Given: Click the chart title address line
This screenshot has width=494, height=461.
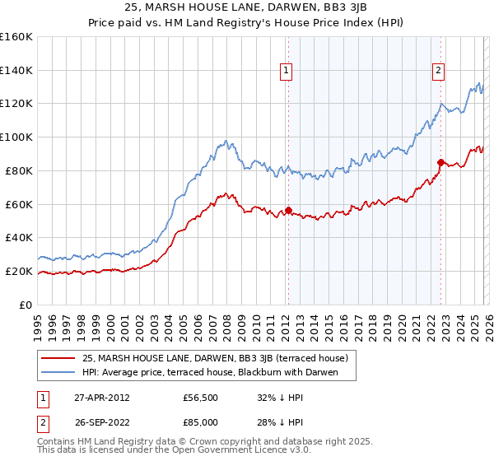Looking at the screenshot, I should (x=246, y=8).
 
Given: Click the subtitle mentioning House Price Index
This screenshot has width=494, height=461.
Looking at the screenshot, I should (x=246, y=22).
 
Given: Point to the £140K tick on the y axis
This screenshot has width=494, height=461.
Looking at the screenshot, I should (x=16, y=70).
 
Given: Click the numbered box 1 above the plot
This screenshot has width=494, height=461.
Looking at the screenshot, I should (x=286, y=72).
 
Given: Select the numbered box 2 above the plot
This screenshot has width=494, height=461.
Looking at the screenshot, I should (x=438, y=72).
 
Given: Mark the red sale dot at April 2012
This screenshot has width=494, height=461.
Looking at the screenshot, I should (x=288, y=209).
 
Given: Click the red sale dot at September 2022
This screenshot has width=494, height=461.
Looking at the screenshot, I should (x=440, y=162).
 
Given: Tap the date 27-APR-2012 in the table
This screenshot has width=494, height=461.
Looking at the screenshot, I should (x=101, y=398).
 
